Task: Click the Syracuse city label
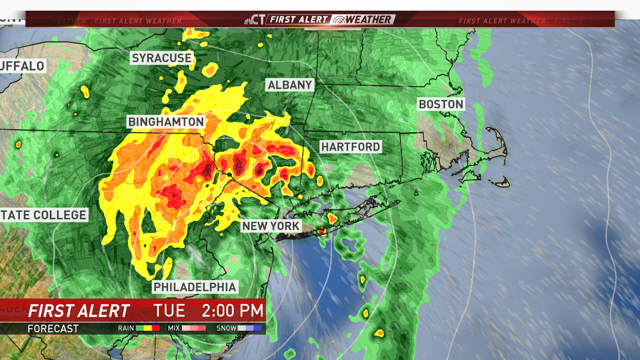click(162, 58)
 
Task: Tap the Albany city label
click(290, 85)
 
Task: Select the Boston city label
click(441, 104)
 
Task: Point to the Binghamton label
click(166, 122)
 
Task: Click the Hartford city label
click(350, 147)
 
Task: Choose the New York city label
click(271, 226)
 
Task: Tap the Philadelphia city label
click(195, 287)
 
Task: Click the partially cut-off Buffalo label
click(22, 66)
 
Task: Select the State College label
click(44, 215)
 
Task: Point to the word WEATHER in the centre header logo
click(368, 20)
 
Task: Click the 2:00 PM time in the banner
click(233, 311)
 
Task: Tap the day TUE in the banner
click(169, 311)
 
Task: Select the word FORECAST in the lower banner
click(53, 329)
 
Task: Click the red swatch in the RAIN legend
click(156, 328)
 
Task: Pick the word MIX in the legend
click(174, 328)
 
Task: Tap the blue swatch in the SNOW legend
click(258, 328)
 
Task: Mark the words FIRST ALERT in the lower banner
click(79, 311)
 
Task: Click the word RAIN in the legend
click(126, 328)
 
